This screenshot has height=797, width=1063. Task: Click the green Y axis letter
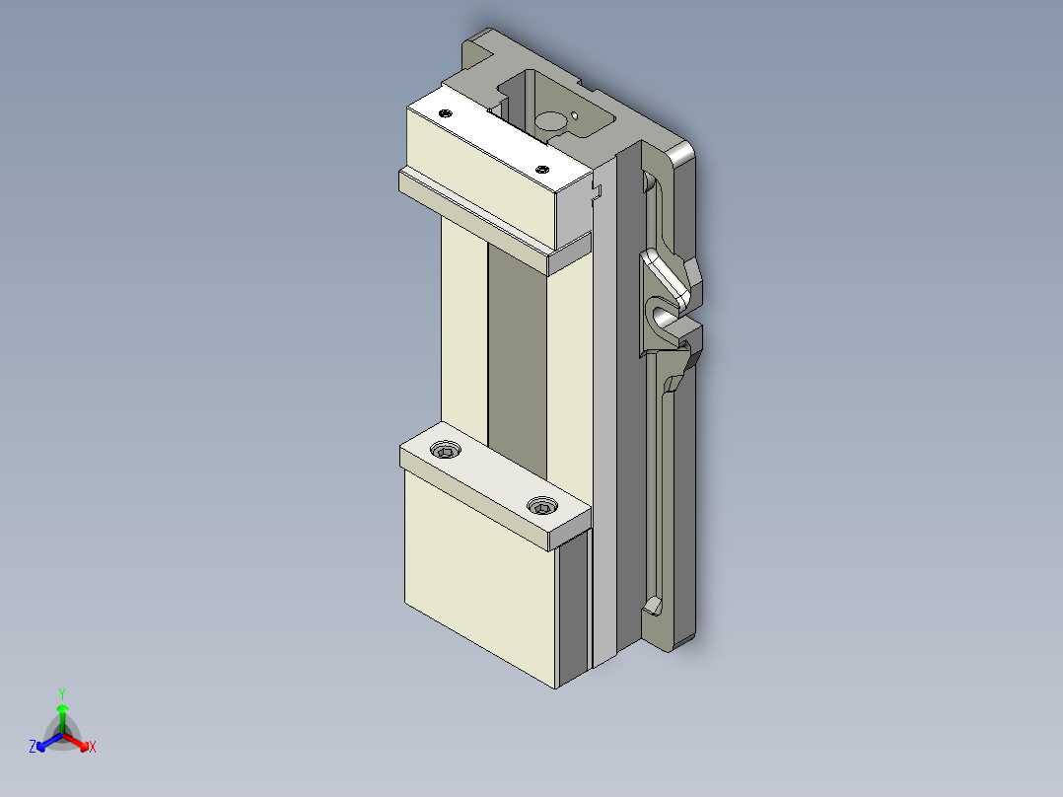pos(61,693)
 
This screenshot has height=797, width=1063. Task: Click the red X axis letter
pos(93,748)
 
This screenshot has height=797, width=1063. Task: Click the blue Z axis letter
pos(33,748)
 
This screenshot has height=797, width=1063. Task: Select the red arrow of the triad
pos(79,741)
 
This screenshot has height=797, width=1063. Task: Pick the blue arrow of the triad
pos(45,741)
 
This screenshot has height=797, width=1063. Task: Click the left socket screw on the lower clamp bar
pos(447,451)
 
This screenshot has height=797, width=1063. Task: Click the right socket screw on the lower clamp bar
pos(539,507)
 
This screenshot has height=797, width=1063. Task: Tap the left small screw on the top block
pos(445,113)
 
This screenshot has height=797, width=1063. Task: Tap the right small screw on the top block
pos(541,170)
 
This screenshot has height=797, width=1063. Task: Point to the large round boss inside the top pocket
pos(551,121)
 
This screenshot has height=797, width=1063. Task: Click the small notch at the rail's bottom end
pos(652,603)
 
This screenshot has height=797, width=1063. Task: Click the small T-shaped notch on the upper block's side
pos(595,188)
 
